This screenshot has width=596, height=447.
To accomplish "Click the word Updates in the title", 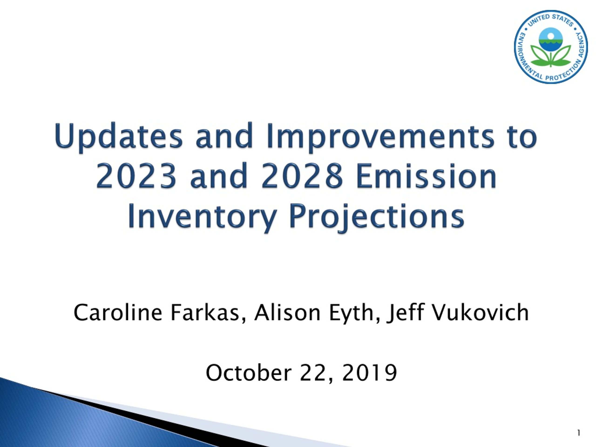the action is coord(119,137).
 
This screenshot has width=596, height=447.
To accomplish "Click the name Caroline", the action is coord(118,312).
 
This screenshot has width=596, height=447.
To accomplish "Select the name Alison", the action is coord(287,312).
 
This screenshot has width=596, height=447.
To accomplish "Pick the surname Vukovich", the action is coord(480,312).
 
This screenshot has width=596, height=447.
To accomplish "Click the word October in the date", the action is coord(249,373).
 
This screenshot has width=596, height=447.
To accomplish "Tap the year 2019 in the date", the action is coord(369,373).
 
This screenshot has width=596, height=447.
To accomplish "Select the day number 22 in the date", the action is coord(312,373).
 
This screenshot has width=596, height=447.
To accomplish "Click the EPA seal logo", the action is coord(551,47).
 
